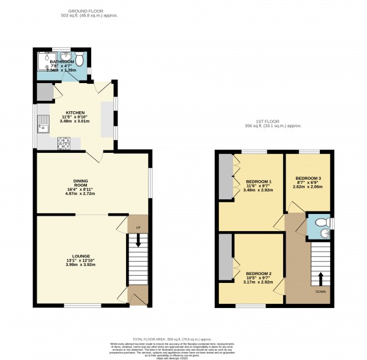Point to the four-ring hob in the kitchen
pyautogui.click(x=64, y=144)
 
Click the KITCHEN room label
pyautogui.click(x=76, y=113)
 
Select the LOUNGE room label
pyautogui.click(x=81, y=255)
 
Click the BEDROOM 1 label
pyautogui.click(x=259, y=182)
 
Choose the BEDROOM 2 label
pyautogui.click(x=259, y=273)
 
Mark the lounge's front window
pyautogui.click(x=84, y=305)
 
